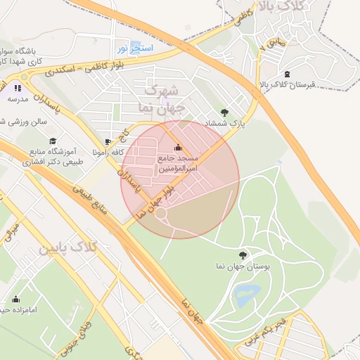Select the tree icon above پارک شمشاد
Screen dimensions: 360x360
tap(224, 112)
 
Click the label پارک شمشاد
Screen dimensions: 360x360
tap(226, 123)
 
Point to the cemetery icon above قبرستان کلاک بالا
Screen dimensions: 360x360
tap(286, 74)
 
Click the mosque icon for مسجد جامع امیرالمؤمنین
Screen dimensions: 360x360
tap(177, 148)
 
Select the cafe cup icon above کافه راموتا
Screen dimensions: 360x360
tap(108, 141)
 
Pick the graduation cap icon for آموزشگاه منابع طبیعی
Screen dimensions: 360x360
tap(52, 141)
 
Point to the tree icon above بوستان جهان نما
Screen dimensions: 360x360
tap(243, 255)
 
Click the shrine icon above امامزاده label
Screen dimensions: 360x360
tap(15, 299)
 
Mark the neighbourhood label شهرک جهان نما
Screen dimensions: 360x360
tap(163, 100)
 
